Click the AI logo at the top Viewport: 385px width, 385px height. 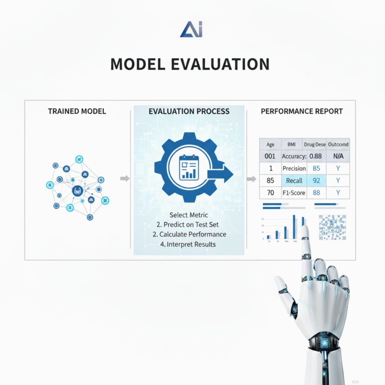tap(191, 29)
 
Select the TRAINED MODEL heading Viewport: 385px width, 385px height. tap(77, 111)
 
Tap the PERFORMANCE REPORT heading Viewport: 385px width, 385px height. tap(302, 111)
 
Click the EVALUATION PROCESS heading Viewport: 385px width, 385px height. tap(189, 111)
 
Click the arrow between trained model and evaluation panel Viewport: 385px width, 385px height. tap(125, 178)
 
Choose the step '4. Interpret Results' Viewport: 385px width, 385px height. tap(188, 244)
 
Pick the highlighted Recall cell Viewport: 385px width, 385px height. tap(294, 180)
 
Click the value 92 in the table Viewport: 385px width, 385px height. tap(316, 180)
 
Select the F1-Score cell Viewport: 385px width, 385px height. tap(294, 192)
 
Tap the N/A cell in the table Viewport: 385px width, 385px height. tap(338, 156)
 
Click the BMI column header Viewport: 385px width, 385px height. tap(291, 144)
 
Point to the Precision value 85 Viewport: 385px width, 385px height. tap(316, 168)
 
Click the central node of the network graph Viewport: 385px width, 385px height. tap(77, 190)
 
